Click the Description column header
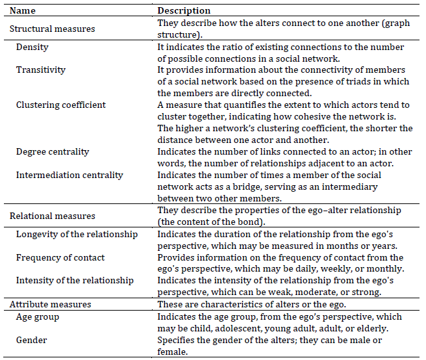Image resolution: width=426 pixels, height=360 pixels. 184,11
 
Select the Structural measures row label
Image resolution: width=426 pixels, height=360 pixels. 52,29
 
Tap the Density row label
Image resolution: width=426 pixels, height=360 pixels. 32,47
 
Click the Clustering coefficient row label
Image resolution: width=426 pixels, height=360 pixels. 61,105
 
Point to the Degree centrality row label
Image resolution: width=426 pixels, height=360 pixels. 53,151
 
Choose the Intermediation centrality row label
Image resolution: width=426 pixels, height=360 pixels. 69,175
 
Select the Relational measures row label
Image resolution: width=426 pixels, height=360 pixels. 53,216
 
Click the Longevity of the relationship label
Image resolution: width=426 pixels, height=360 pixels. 77,234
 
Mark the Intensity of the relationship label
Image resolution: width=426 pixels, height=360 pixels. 75,281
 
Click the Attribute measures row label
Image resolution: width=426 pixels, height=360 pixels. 50,304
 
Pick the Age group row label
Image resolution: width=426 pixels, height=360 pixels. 38,317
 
